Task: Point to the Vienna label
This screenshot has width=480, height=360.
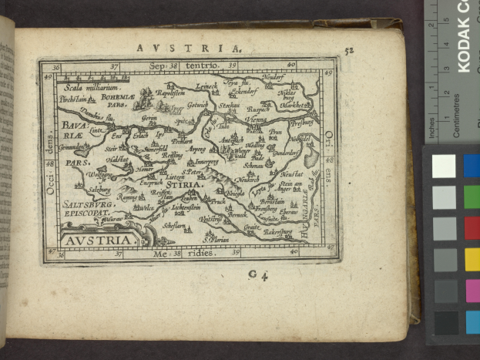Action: tap(255, 120)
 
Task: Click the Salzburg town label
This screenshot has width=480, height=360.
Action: tap(100, 189)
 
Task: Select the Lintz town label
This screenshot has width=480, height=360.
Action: tap(96, 132)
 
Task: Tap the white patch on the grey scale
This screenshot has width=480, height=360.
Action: tap(444, 166)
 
